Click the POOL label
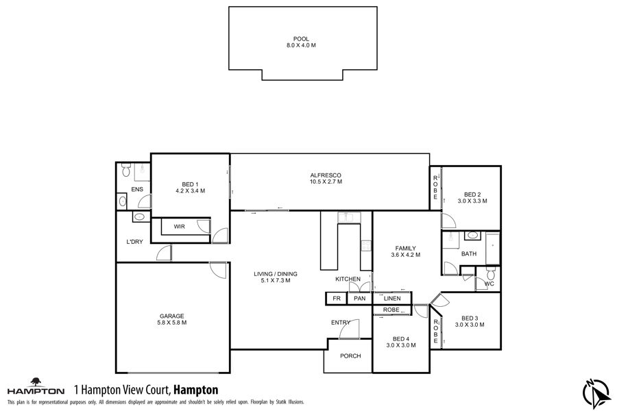pos(301,39)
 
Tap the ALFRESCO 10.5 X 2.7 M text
pos(326,179)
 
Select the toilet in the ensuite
pos(126,169)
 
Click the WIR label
pos(179,227)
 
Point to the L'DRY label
pos(134,242)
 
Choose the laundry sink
pos(139,216)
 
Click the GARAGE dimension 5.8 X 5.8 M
pos(171,323)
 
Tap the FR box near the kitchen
pos(337,299)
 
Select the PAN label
pos(360,299)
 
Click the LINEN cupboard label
pos(392,299)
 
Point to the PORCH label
pos(350,356)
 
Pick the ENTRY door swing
pos(350,329)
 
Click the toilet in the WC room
pos(490,273)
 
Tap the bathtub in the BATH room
pos(493,249)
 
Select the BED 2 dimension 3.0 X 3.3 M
pos(472,201)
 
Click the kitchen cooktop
pos(366,246)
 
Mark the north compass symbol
pos(596,394)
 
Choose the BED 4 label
pos(401,338)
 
